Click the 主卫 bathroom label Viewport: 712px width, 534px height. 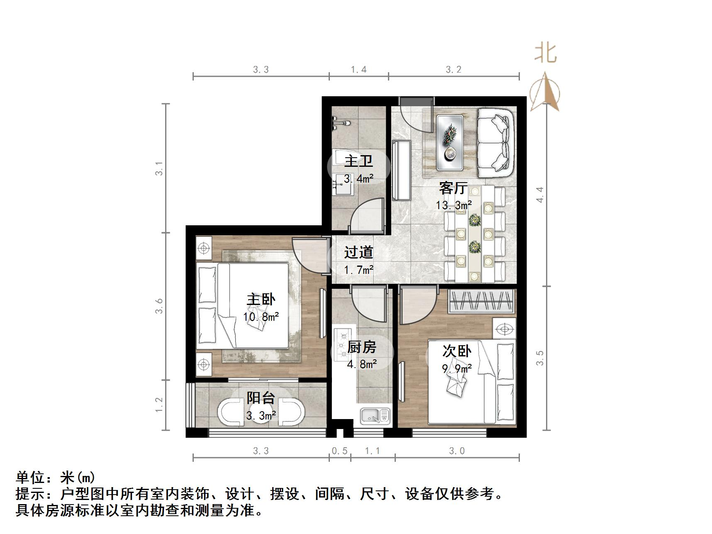tap(358, 161)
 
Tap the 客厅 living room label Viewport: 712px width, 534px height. tap(453, 188)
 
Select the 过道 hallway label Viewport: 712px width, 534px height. tap(358, 252)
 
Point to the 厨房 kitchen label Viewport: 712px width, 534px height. tap(361, 347)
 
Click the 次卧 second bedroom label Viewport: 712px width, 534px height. tap(456, 351)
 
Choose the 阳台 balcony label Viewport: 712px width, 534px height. tap(261, 398)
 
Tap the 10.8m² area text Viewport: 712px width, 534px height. tap(261, 317)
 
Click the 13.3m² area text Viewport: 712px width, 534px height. tap(454, 205)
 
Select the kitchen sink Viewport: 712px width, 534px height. tap(375, 416)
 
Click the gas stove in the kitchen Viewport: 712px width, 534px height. tap(343, 343)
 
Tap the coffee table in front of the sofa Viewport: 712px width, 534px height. tap(450, 142)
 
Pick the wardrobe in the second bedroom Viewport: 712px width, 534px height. tap(482, 301)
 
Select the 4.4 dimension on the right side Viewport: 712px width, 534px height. tap(539, 195)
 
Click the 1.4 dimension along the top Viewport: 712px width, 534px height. tap(358, 69)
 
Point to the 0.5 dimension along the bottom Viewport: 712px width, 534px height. tap(339, 451)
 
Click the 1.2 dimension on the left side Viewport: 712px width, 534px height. tap(159, 405)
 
